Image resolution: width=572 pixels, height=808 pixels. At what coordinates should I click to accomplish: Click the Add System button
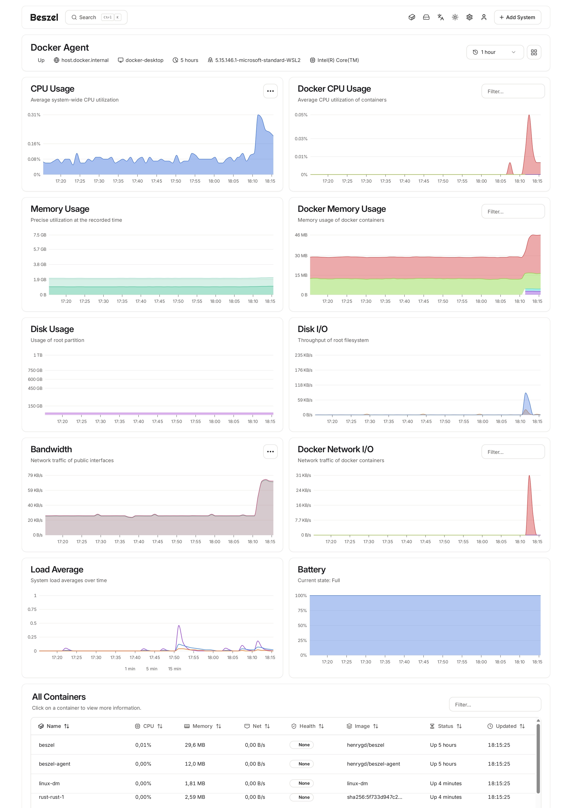(x=517, y=17)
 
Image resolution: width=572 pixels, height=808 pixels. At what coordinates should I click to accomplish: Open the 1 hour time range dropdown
(x=495, y=52)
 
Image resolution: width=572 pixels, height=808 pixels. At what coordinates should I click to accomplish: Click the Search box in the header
(x=96, y=17)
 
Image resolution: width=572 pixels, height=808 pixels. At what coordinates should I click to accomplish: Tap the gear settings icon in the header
(x=469, y=17)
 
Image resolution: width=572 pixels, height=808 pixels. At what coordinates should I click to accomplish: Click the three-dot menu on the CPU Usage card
(x=270, y=91)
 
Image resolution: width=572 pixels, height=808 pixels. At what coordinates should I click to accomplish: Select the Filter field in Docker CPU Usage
(x=513, y=91)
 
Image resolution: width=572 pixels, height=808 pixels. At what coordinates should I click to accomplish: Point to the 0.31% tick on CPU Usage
(x=34, y=115)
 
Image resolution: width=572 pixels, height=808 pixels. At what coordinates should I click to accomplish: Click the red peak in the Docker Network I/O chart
(x=529, y=477)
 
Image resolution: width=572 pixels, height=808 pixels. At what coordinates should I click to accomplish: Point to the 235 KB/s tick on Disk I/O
(x=303, y=355)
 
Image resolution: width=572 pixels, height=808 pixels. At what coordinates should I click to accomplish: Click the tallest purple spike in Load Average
(x=179, y=626)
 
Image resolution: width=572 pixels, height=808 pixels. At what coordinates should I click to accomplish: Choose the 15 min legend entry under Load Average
(x=174, y=669)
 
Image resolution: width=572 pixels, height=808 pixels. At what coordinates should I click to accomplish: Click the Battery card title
(x=311, y=569)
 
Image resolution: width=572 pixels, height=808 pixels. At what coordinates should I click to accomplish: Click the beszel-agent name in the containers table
(x=55, y=764)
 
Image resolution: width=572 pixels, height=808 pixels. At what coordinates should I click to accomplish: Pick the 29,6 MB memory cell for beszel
(x=195, y=745)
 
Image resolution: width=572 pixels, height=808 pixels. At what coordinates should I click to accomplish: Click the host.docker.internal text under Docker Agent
(x=85, y=60)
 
